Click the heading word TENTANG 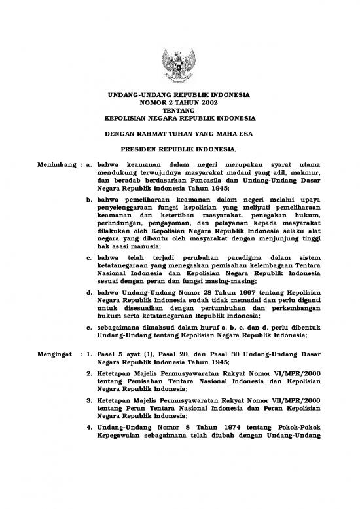click(x=179, y=111)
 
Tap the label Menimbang click(x=54, y=164)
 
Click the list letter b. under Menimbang click(x=89, y=196)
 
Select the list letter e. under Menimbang click(x=89, y=326)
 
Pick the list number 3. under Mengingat click(x=89, y=400)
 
